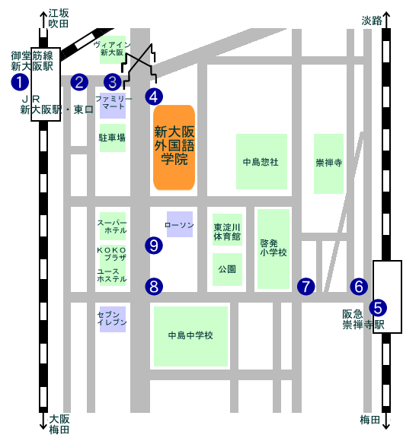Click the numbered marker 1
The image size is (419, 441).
pyautogui.click(x=20, y=82)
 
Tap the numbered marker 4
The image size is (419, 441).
pyautogui.click(x=154, y=97)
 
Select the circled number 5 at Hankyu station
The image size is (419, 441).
pyautogui.click(x=378, y=307)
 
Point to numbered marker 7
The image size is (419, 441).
pyautogui.click(x=305, y=287)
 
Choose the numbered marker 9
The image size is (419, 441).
pyautogui.click(x=154, y=245)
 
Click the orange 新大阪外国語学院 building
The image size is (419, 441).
pyautogui.click(x=174, y=148)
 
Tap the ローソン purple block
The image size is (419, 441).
pyautogui.click(x=180, y=224)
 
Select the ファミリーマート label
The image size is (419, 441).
pyautogui.click(x=114, y=103)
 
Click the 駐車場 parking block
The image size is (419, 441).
pyautogui.click(x=113, y=138)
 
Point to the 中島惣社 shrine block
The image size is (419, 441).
pyautogui.click(x=261, y=161)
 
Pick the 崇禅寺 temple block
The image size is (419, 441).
pyautogui.click(x=328, y=163)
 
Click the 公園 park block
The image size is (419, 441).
pyautogui.click(x=227, y=269)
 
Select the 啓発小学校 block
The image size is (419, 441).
pyautogui.click(x=273, y=249)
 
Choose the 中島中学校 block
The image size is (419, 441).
pyautogui.click(x=190, y=336)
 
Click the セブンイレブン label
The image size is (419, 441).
pyautogui.click(x=112, y=319)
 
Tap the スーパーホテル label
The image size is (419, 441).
pyautogui.click(x=112, y=227)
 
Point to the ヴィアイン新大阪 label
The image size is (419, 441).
pyautogui.click(x=112, y=49)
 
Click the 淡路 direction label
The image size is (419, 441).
pyautogui.click(x=372, y=21)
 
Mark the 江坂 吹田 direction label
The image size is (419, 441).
pyautogui.click(x=59, y=18)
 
